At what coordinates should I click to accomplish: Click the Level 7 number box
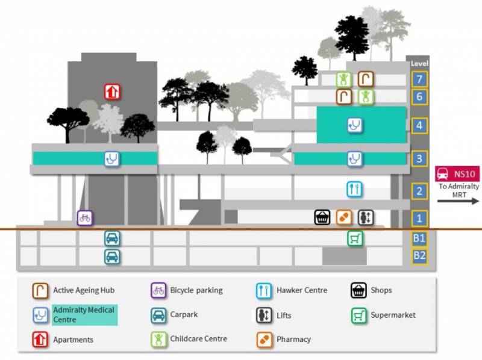[x=419, y=79]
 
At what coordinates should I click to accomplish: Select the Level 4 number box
[x=419, y=125]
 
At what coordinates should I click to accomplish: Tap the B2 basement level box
[x=419, y=255]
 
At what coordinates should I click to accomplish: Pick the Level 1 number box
[x=419, y=218]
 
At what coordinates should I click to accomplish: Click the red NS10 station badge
[x=457, y=175]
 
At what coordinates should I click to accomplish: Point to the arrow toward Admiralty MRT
[x=459, y=200]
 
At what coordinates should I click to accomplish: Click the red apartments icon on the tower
[x=112, y=92]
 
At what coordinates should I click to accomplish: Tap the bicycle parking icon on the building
[x=85, y=218]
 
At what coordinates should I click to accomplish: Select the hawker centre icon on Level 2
[x=354, y=189]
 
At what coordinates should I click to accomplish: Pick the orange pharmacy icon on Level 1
[x=344, y=217]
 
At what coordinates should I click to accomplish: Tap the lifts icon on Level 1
[x=366, y=217]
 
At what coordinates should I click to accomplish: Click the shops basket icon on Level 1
[x=322, y=217]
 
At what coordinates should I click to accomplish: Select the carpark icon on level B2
[x=111, y=257]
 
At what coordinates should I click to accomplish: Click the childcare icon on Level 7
[x=344, y=79]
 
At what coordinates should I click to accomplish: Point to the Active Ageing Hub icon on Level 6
[x=344, y=96]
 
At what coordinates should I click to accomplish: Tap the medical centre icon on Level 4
[x=354, y=125]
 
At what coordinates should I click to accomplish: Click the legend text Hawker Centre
[x=302, y=290]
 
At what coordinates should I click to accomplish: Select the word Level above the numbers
[x=419, y=63]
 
